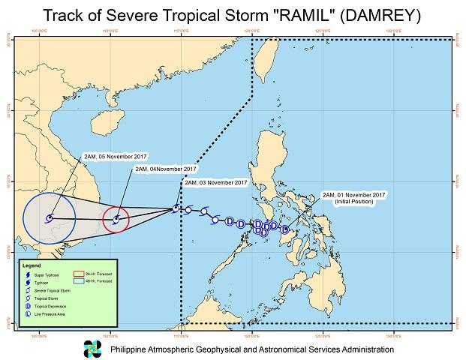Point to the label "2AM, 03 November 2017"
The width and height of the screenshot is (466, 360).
pyautogui.click(x=215, y=183)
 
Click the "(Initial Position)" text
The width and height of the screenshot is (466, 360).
pyautogui.click(x=353, y=202)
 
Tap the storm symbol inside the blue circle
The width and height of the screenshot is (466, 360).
pyautogui.click(x=49, y=219)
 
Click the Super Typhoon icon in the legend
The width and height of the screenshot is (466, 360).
pyautogui.click(x=26, y=275)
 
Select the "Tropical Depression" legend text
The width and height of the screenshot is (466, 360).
pyautogui.click(x=50, y=306)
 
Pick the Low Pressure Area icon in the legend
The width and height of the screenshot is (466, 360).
pyautogui.click(x=26, y=314)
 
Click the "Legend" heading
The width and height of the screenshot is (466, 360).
pyautogui.click(x=32, y=265)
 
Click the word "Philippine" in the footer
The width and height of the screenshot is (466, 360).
pyautogui.click(x=131, y=349)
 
